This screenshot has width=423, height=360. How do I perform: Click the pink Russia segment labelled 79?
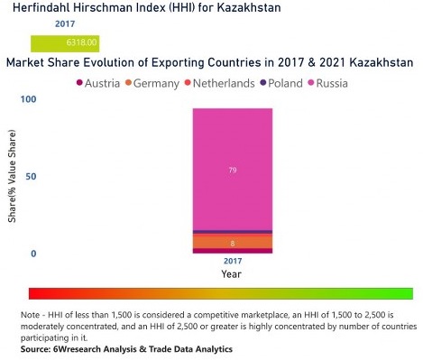click(x=232, y=169)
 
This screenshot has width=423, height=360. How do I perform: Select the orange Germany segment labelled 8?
click(x=232, y=242)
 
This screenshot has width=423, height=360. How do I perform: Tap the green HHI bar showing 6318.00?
click(x=64, y=42)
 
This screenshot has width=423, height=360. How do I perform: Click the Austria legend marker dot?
click(x=80, y=84)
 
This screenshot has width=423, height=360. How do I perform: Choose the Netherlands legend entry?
click(x=226, y=84)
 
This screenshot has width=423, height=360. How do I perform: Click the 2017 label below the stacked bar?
click(x=232, y=261)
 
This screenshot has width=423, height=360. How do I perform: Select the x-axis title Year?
click(x=232, y=273)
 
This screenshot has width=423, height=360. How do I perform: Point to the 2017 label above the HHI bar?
click(x=64, y=25)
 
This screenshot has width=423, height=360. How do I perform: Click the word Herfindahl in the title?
click(x=37, y=8)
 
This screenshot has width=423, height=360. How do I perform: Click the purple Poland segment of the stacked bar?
click(x=232, y=232)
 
